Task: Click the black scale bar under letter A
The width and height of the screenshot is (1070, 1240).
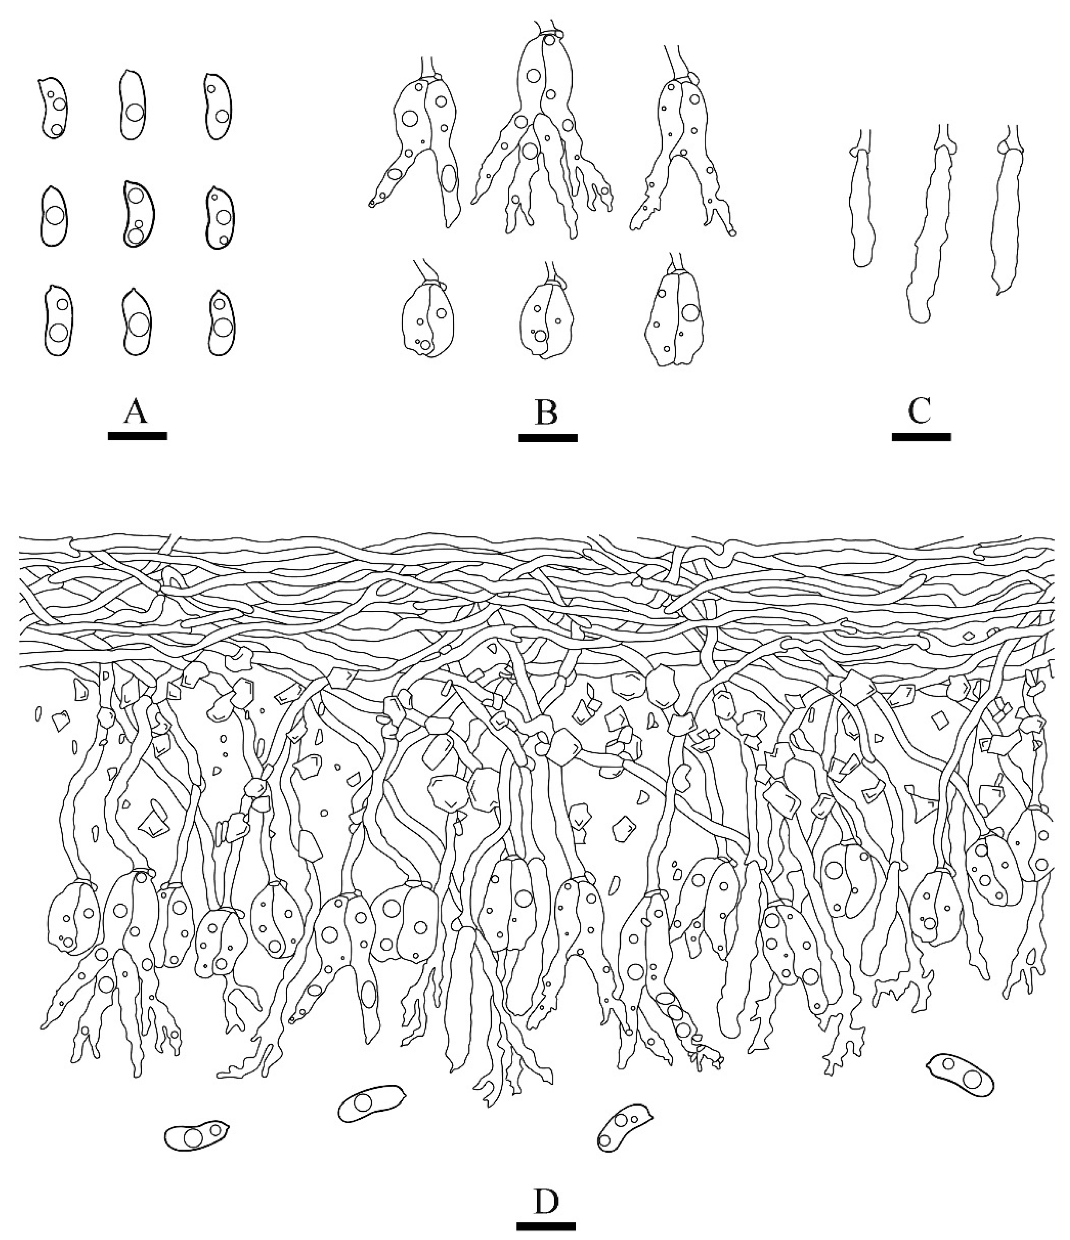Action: (137, 436)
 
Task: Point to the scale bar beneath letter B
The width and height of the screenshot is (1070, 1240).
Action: (548, 437)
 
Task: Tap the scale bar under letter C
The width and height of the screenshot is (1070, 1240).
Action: (921, 437)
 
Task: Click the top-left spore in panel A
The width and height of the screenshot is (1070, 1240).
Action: (53, 108)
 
